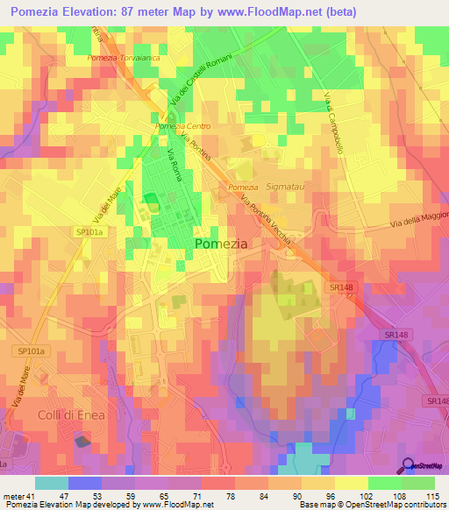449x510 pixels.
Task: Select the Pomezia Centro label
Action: (x=177, y=126)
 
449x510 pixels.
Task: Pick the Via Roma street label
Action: (x=175, y=162)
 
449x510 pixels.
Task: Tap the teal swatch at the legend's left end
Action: (x=52, y=483)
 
